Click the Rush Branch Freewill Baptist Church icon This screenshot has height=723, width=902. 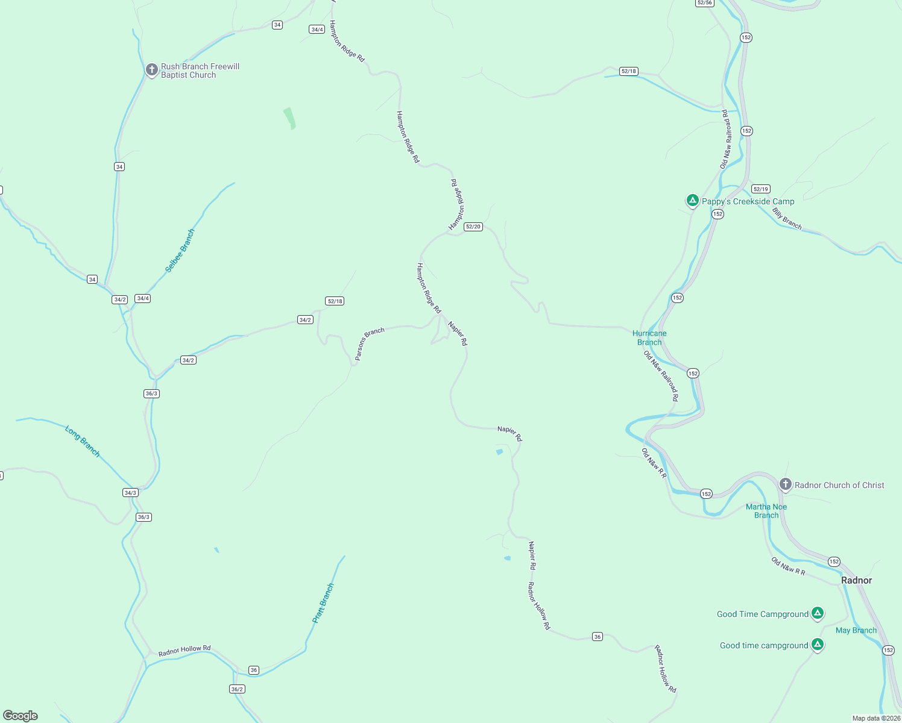point(152,70)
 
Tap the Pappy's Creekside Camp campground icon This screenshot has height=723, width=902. point(693,201)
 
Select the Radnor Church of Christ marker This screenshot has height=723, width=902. point(785,484)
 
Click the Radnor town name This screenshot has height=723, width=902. point(856,580)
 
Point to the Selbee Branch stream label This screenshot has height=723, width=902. point(180,251)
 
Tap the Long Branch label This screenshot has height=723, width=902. point(83,442)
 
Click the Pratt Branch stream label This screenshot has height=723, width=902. point(323,602)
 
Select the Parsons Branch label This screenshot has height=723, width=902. point(370,343)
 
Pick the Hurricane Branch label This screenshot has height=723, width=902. point(649,337)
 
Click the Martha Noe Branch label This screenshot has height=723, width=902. point(766,511)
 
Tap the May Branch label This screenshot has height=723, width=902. point(856,630)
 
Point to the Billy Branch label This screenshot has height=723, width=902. point(787,218)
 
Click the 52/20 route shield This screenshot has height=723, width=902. point(473,227)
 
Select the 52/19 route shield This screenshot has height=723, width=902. point(761,189)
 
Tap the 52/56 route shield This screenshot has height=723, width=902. point(704,3)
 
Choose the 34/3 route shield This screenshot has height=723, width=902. point(130,492)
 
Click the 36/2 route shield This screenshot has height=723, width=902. point(237,689)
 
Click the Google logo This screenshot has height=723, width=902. point(20,715)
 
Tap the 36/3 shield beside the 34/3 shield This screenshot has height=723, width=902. point(143,517)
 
